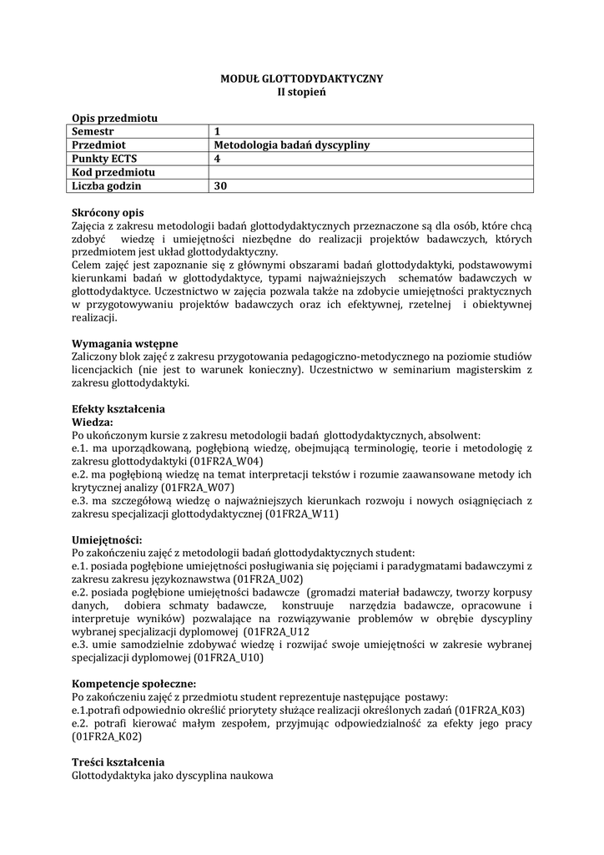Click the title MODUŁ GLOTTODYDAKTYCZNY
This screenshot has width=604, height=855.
click(301, 78)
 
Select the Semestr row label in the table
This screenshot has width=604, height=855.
click(93, 131)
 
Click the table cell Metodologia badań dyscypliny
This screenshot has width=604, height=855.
click(291, 145)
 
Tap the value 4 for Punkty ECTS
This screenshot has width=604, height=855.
click(218, 159)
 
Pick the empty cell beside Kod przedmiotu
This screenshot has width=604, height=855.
click(371, 173)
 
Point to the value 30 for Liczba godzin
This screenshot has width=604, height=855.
click(220, 186)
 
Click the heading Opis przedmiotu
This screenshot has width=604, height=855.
click(114, 118)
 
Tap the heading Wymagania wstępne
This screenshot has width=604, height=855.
click(124, 343)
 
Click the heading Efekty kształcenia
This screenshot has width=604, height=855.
click(118, 409)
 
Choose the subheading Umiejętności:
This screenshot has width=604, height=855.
click(107, 540)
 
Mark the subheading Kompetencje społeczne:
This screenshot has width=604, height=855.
click(133, 683)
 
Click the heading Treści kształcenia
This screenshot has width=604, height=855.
click(118, 762)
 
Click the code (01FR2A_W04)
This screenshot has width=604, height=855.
click(226, 461)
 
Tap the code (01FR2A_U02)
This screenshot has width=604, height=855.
click(268, 579)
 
